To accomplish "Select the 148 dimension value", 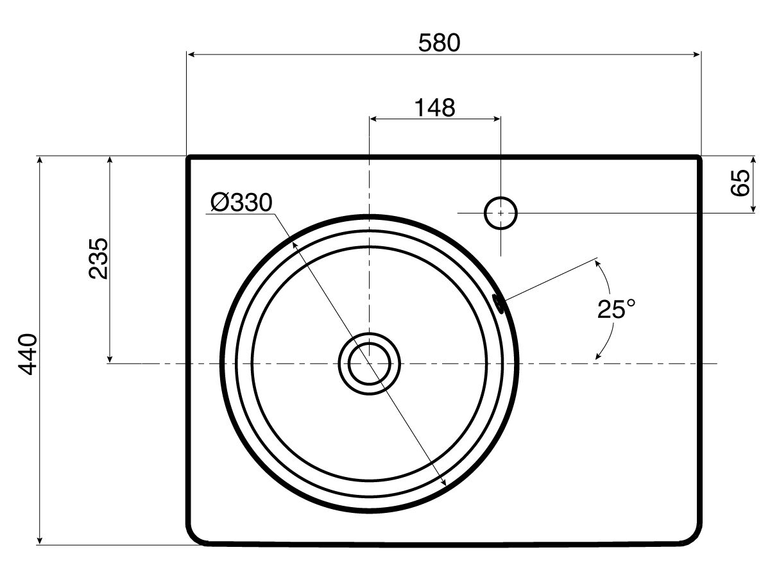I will [434, 108].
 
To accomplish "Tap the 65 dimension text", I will [740, 183].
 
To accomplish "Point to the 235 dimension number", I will [98, 258].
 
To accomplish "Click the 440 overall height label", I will [28, 353].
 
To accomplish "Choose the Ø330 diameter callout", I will [241, 203].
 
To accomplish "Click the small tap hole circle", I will [501, 213].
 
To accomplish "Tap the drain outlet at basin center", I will [369, 364].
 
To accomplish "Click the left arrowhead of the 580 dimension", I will [191, 55].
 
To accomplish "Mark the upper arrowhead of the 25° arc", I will [599, 263].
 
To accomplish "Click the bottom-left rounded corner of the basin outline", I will [195, 537].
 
